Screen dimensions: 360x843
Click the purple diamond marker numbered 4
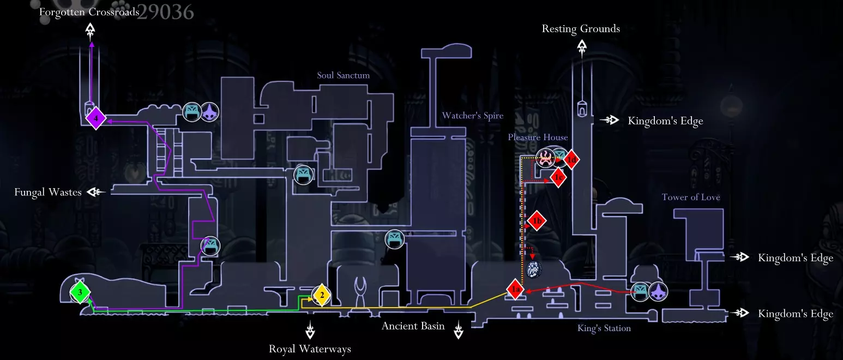click(x=95, y=118)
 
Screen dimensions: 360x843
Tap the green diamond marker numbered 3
click(x=80, y=293)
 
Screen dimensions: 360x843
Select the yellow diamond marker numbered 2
click(x=322, y=296)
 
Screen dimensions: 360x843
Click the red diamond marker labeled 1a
click(x=515, y=290)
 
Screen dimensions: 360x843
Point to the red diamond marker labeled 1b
click(x=537, y=221)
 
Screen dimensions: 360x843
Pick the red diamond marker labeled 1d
click(x=571, y=160)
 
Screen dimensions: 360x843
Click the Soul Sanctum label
click(x=343, y=75)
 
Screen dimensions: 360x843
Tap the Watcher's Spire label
click(x=472, y=116)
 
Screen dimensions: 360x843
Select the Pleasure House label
click(x=538, y=137)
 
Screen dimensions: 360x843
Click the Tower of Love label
click(x=690, y=197)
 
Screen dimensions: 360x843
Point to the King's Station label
click(x=604, y=328)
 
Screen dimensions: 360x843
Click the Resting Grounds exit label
click(x=581, y=29)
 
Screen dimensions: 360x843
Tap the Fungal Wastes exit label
click(x=48, y=192)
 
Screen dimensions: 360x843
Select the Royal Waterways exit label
click(x=310, y=349)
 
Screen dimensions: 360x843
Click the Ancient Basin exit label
click(x=413, y=326)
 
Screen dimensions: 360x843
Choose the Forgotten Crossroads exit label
click(x=89, y=12)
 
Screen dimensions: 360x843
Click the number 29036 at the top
click(x=165, y=11)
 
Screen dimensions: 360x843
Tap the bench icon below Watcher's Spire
click(x=395, y=239)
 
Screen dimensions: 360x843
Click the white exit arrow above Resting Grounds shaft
click(x=582, y=48)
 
